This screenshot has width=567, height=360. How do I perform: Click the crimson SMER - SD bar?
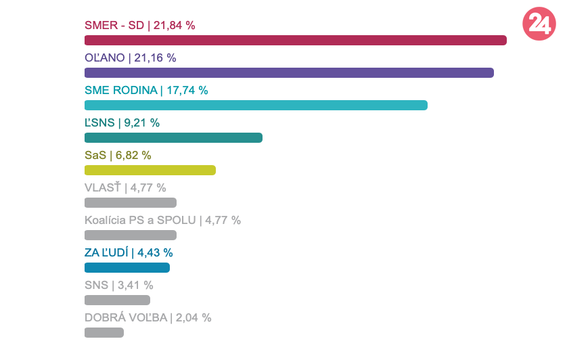tap(295, 40)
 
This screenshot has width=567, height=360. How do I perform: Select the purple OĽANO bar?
tap(289, 72)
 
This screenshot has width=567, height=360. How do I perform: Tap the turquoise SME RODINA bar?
tap(256, 105)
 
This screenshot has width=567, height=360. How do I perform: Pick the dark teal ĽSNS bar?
tap(173, 137)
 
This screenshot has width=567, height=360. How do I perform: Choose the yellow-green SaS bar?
tap(150, 170)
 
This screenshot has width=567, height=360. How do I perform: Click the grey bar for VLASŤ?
tap(131, 202)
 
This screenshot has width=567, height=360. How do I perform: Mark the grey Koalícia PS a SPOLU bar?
tap(131, 235)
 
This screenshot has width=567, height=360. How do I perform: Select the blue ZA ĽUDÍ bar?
tap(127, 267)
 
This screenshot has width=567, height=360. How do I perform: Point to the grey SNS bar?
tap(117, 300)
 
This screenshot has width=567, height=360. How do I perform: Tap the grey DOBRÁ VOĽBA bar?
tap(104, 332)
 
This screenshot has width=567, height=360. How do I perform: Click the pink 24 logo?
tap(539, 24)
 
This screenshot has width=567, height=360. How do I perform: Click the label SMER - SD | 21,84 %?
tap(139, 26)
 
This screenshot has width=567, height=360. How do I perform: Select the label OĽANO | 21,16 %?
tap(130, 58)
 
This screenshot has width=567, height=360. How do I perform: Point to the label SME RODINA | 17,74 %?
tap(146, 91)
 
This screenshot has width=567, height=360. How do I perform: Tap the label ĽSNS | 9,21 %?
tap(122, 123)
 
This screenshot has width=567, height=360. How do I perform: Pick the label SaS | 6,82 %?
tap(118, 156)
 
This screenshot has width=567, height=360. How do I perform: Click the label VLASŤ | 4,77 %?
tap(125, 188)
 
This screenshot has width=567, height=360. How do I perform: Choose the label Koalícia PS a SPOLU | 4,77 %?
tap(162, 221)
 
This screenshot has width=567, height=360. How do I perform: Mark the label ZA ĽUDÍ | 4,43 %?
tap(129, 253)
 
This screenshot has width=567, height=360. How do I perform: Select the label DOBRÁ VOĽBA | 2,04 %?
tap(148, 318)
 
